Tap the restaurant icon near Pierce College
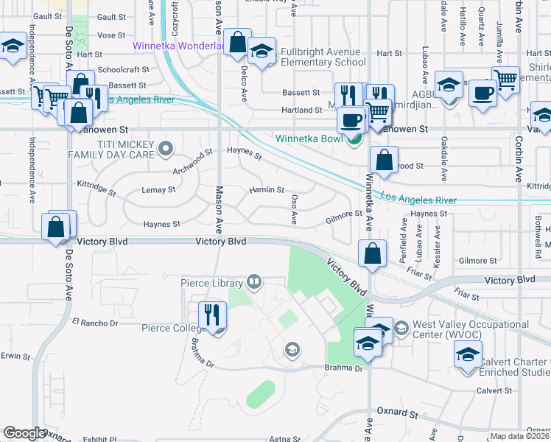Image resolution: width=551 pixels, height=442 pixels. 212,314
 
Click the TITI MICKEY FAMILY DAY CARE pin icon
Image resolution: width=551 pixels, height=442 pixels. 166,150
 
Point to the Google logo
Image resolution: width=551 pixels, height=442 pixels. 24,433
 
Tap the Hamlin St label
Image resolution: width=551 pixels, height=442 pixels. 266,190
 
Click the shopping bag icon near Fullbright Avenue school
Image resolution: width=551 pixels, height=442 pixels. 238,42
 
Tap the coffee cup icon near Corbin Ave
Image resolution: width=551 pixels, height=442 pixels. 482,94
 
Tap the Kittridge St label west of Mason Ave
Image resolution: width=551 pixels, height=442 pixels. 96,188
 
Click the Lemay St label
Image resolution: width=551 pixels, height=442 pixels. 158,190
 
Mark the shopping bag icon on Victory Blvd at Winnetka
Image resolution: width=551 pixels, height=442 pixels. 373,253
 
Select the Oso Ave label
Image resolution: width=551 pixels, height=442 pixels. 294,210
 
